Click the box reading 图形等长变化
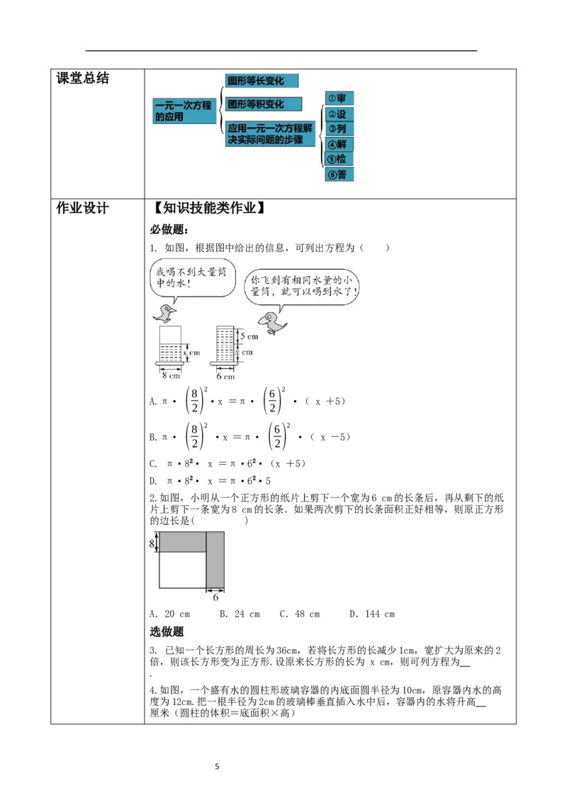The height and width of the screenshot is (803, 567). point(260,81)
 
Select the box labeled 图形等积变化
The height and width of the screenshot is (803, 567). point(262,104)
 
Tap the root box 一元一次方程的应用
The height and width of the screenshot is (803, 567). point(185,111)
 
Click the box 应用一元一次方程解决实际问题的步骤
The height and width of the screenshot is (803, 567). point(270,134)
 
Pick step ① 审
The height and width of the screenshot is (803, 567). point(339,99)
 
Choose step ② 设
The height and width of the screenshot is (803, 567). point(339,114)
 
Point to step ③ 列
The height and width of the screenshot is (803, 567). point(339,129)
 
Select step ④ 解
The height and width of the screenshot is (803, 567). point(339,145)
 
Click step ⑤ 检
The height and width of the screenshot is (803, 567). point(339,159)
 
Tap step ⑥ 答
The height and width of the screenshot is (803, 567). point(339,175)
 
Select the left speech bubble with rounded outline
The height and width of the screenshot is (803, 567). point(191,277)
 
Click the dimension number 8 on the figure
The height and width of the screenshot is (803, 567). point(151,543)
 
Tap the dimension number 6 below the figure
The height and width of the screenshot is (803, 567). point(215,597)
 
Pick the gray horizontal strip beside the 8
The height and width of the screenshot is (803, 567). point(182,542)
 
